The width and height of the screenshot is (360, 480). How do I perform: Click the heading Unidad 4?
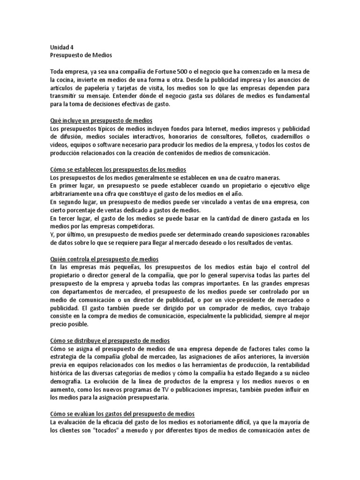point(62,47)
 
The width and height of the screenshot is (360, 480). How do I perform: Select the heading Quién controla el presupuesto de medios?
point(104,259)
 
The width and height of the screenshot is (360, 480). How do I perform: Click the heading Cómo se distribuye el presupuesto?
point(109,340)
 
